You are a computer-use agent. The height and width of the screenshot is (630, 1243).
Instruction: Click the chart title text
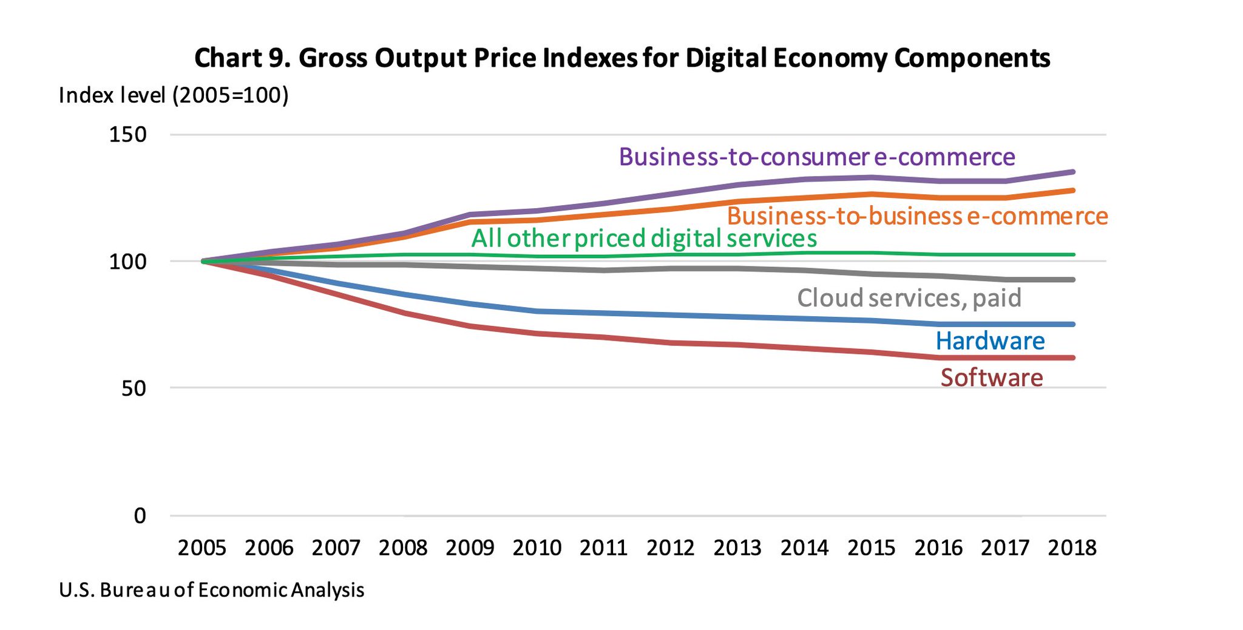pos(622,58)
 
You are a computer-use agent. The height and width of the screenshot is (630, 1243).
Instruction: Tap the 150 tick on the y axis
pos(128,134)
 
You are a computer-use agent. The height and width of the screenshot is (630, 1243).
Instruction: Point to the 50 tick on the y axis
pos(134,388)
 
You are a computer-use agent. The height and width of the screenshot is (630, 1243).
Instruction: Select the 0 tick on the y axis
pos(140,516)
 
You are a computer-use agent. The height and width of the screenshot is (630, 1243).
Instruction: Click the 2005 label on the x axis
pos(202,548)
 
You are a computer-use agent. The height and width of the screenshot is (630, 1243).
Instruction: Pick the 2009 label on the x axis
pos(470,548)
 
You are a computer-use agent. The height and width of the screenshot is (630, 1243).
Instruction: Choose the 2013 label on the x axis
pos(737,548)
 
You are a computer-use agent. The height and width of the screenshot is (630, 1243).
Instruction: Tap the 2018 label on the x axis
pos(1072,548)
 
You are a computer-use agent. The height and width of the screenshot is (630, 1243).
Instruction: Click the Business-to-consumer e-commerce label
pos(817,157)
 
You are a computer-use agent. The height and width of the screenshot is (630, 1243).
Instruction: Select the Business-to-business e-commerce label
pos(917,216)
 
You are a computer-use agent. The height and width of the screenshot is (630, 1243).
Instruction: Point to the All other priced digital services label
pos(644,239)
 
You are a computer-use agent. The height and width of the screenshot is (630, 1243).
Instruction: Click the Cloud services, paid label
pos(909,298)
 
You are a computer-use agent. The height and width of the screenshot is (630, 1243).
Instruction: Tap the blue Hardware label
pos(990,341)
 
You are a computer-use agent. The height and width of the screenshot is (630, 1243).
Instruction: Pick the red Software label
pos(992,378)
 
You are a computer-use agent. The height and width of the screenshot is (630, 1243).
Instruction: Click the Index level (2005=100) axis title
pos(174,95)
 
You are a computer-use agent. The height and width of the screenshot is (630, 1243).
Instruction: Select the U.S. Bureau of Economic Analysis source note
pos(211,590)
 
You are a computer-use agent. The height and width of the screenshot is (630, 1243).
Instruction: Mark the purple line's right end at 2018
pos(1073,172)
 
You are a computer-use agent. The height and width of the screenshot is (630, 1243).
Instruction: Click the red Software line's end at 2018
pos(1073,357)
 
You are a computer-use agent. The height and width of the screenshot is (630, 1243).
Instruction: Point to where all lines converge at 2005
pos(203,261)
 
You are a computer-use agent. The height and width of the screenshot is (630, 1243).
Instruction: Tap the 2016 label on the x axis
pos(938,548)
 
